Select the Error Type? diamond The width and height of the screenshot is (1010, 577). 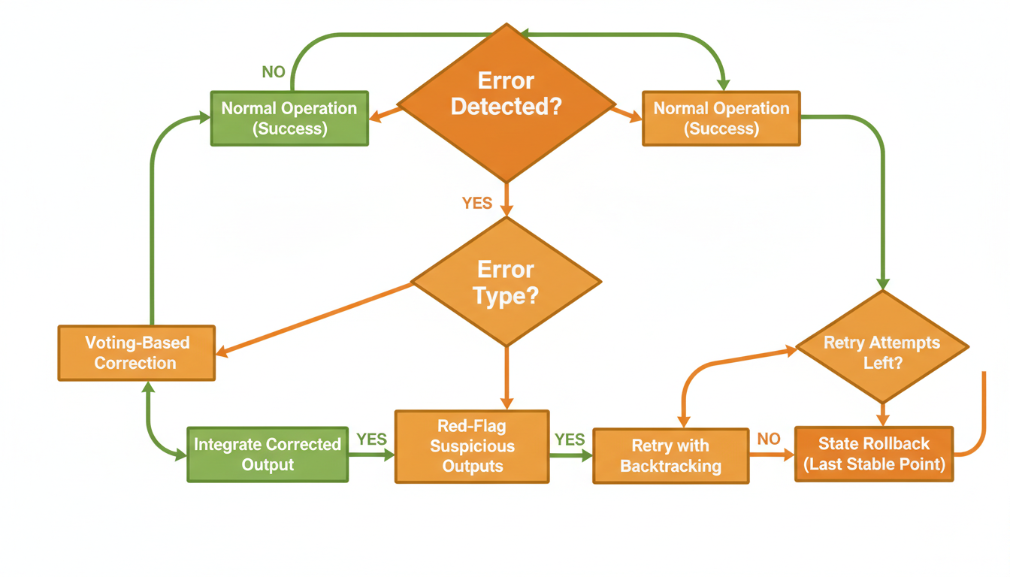tap(506, 282)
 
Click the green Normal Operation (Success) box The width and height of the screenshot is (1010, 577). tap(289, 118)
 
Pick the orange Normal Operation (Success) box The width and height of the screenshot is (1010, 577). tap(721, 118)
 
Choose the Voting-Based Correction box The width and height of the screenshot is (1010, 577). tap(136, 352)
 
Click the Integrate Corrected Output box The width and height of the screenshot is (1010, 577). tap(268, 455)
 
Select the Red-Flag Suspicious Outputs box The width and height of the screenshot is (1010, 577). tap(472, 446)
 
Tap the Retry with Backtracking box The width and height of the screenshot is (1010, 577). tap(670, 456)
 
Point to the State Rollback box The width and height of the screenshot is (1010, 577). tap(874, 454)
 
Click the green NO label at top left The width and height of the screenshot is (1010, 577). tap(273, 72)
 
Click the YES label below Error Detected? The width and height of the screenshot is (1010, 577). tap(477, 203)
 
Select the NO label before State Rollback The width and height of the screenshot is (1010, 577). tap(769, 439)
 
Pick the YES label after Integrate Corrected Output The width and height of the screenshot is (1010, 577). tap(371, 439)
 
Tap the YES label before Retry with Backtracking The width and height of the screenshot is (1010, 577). tap(570, 439)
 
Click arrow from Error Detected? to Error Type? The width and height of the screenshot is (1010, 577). tap(507, 200)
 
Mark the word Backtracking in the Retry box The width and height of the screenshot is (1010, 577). tap(670, 466)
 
